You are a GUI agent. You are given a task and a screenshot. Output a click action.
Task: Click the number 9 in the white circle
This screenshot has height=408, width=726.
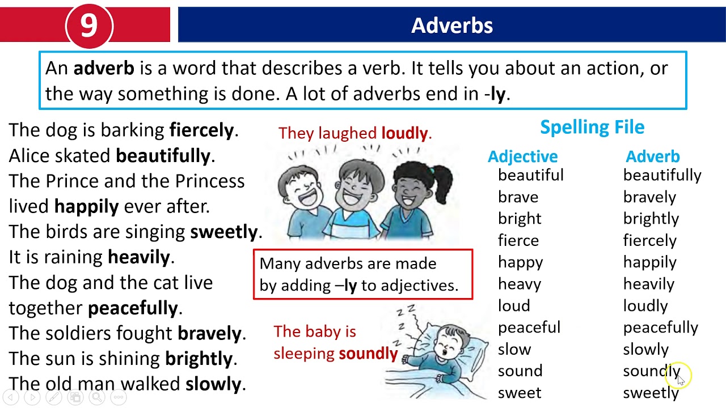pos(89,25)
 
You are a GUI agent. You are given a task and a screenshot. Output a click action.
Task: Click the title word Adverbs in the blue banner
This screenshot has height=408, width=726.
pos(452,25)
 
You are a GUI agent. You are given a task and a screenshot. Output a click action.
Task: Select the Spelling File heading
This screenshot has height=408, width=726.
pos(592,127)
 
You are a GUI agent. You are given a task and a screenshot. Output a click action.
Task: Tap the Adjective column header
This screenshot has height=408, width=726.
pos(522,156)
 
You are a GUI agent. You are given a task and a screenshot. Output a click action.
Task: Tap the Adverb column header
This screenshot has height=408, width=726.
pos(652,156)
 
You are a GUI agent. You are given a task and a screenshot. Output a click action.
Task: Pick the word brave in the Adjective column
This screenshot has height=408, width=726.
pos(518,197)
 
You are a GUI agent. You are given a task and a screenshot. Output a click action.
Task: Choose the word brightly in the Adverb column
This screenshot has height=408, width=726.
pos(651,219)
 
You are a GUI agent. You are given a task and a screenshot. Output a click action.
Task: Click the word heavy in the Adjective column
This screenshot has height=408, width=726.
pos(519,284)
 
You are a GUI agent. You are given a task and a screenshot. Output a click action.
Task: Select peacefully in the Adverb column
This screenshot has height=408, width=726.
pos(660,328)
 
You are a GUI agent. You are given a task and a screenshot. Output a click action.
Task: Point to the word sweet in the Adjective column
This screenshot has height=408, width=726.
pos(519,393)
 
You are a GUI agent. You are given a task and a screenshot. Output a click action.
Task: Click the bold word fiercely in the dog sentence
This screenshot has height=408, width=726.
pos(201,130)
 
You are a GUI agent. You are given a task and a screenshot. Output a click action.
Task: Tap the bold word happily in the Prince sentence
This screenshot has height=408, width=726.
pos(86,206)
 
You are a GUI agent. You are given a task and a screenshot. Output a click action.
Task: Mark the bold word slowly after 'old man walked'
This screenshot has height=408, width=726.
pos(213,384)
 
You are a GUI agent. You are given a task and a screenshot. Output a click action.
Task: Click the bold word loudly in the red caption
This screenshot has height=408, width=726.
pos(404,133)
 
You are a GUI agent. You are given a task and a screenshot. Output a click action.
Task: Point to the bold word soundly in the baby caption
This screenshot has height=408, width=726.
pos(368,354)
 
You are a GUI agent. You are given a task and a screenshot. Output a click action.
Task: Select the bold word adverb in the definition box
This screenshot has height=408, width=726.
pos(104,69)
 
